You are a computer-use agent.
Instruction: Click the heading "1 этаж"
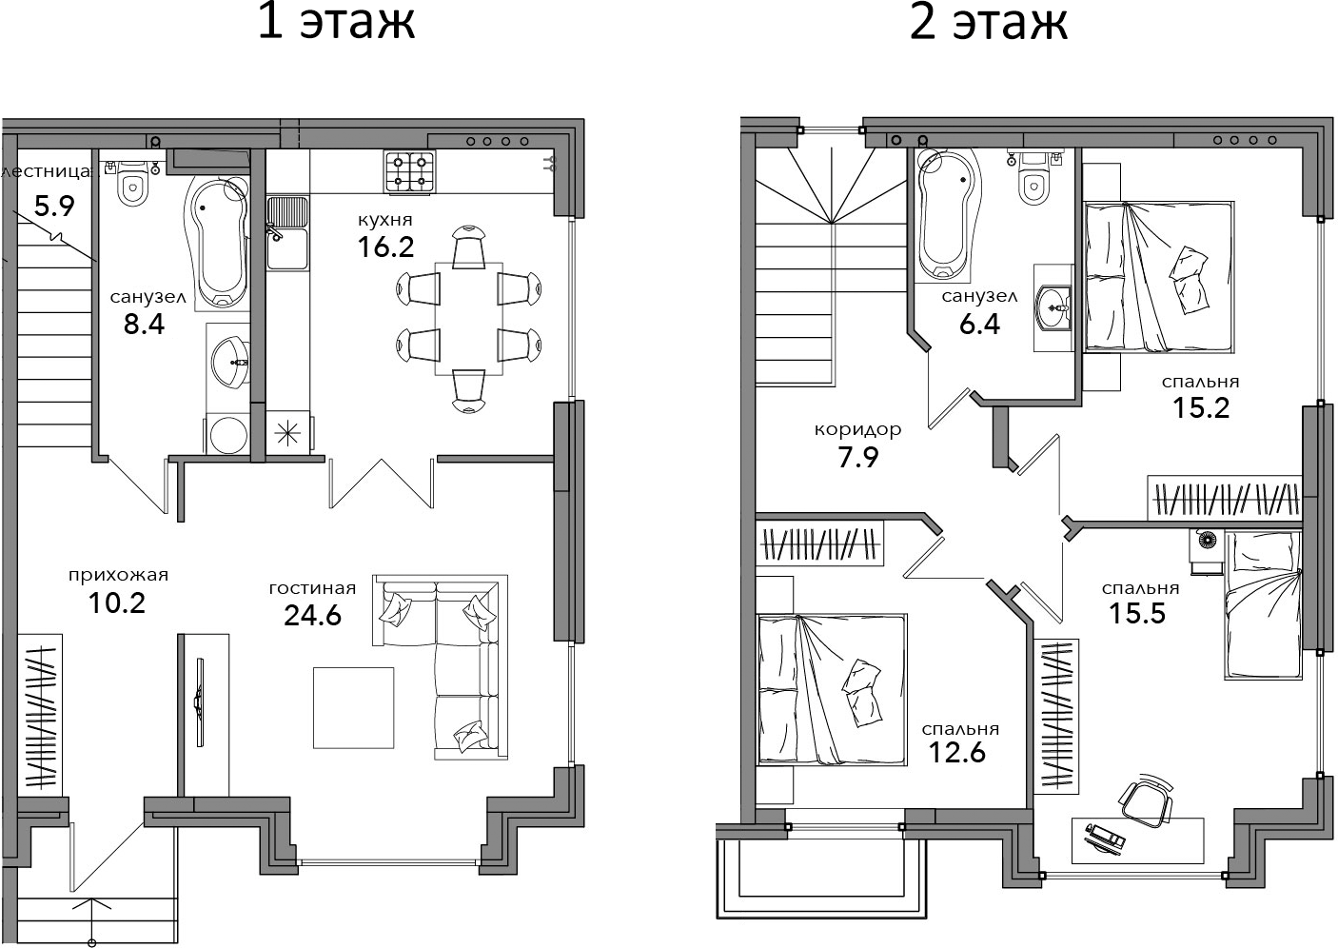click(x=336, y=23)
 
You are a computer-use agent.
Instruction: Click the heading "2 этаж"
click(x=989, y=23)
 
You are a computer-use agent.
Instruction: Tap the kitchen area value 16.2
click(x=385, y=247)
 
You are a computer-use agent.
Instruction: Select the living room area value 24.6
click(x=312, y=615)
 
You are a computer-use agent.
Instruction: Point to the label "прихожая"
click(x=118, y=575)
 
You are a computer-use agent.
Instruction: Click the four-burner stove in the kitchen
click(x=409, y=171)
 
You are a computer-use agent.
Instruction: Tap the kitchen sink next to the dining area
click(x=287, y=233)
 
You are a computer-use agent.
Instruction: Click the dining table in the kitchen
click(x=469, y=319)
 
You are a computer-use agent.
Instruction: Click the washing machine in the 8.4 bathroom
click(x=227, y=434)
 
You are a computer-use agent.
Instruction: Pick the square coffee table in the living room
click(x=354, y=708)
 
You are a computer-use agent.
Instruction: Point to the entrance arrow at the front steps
click(x=92, y=920)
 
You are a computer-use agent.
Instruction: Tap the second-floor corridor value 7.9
click(x=858, y=457)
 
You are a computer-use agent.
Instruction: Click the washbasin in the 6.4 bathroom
click(x=1053, y=307)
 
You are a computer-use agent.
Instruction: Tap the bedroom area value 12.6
click(x=957, y=752)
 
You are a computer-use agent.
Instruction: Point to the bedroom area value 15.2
click(x=1201, y=408)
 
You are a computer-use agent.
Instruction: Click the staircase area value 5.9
click(x=54, y=207)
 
